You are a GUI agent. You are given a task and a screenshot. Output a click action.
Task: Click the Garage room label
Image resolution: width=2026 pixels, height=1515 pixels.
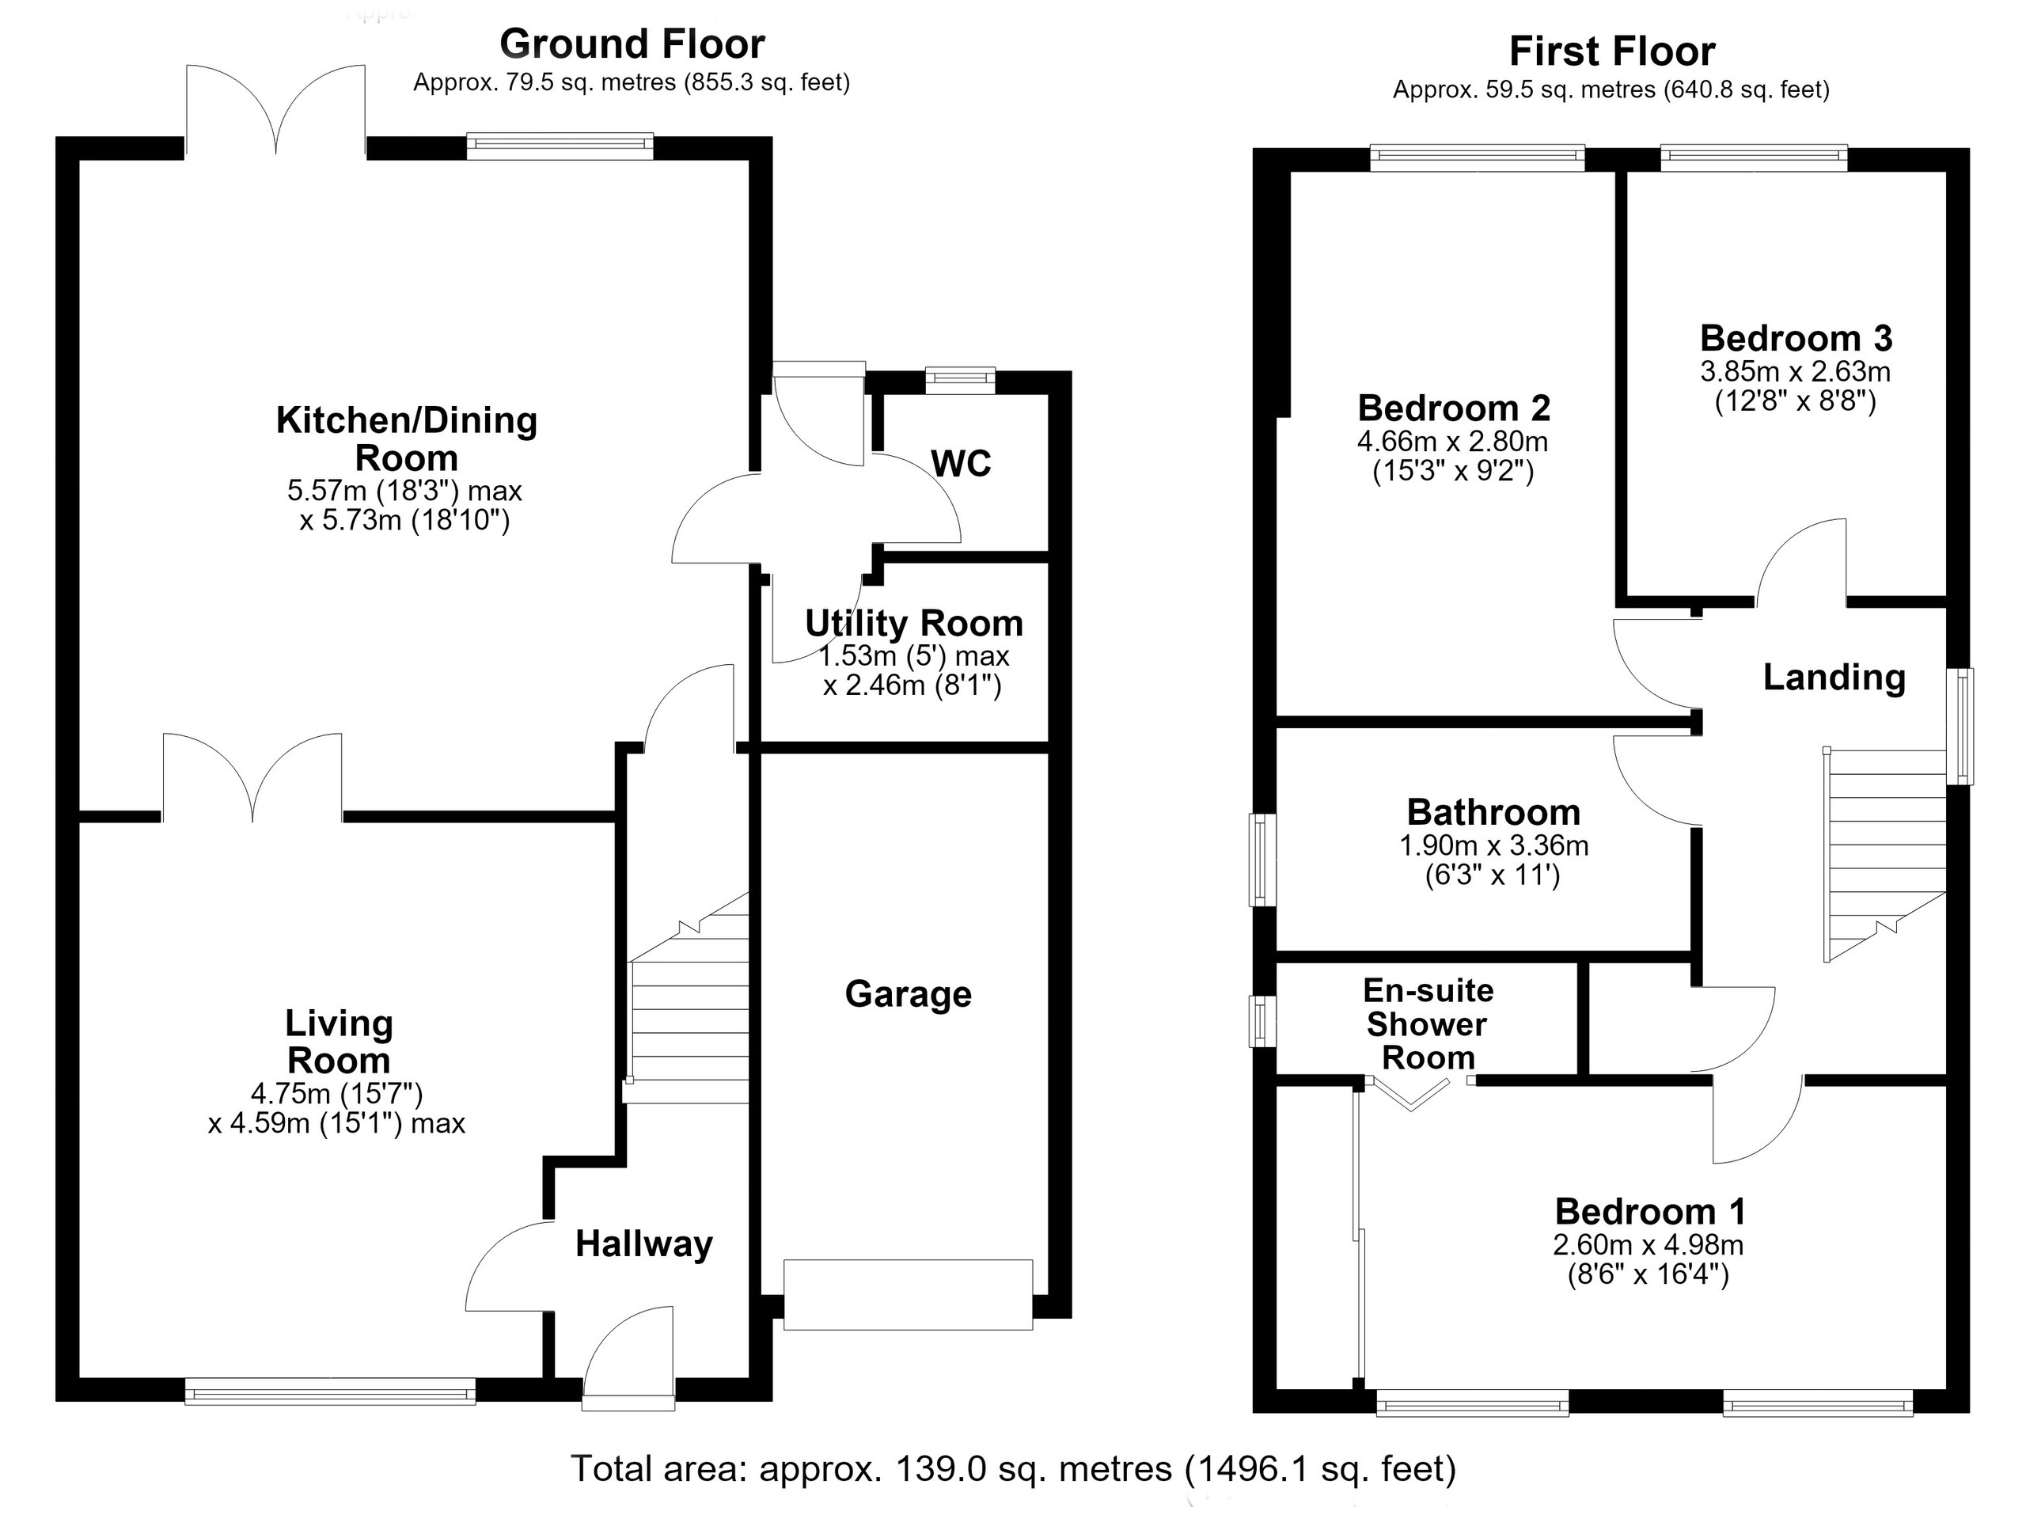(x=908, y=995)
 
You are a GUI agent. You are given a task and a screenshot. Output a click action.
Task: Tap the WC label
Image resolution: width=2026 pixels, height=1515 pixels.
(x=961, y=464)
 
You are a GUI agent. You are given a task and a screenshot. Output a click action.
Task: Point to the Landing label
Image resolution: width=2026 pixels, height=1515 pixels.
(x=1834, y=677)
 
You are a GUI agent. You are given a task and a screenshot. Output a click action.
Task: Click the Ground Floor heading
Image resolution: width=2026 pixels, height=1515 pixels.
(x=632, y=44)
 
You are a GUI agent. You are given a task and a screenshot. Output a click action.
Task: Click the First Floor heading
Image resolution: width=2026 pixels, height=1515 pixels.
(x=1612, y=51)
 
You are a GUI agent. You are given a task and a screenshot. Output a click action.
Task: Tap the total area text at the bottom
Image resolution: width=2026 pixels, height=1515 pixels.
(x=1013, y=1468)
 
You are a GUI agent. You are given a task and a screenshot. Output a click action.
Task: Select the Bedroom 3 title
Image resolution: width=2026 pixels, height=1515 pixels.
(x=1796, y=339)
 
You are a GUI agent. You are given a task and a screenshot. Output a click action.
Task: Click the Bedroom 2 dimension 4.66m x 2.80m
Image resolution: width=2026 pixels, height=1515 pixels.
(x=1453, y=442)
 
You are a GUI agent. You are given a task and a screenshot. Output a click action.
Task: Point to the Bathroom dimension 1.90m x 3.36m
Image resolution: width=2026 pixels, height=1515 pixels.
(x=1494, y=845)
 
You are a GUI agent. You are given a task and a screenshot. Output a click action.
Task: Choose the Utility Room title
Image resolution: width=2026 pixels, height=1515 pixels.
(x=913, y=623)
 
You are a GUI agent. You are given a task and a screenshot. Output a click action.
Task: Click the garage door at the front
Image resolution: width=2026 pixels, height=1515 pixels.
(x=908, y=1294)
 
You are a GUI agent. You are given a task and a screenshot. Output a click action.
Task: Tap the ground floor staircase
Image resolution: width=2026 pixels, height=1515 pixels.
(x=688, y=997)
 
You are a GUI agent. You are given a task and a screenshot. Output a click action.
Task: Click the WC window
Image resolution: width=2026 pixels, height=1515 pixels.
(x=960, y=380)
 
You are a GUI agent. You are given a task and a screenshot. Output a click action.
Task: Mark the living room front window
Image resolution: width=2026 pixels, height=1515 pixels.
(x=330, y=1391)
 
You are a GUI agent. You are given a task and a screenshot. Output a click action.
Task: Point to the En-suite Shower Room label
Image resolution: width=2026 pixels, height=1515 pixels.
(x=1428, y=1024)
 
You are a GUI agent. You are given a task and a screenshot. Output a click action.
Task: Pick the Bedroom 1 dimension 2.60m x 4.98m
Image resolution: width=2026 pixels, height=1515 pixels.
(x=1648, y=1245)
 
